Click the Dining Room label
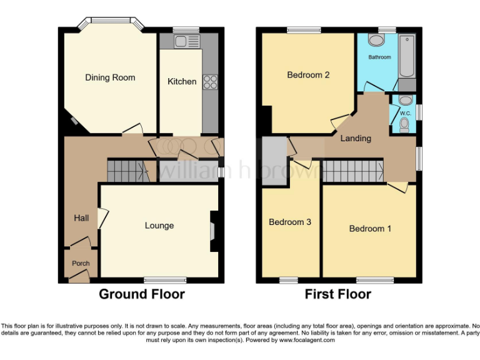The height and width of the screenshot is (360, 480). point(110,77)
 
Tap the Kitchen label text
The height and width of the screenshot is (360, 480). point(182,81)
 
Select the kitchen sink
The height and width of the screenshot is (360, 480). point(184,42)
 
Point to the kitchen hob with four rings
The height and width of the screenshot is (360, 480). point(209,82)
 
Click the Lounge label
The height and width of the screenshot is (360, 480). point(159,226)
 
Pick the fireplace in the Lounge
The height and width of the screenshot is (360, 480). point(213,231)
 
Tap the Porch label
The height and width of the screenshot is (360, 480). point(81,263)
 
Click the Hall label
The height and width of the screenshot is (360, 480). point(81,218)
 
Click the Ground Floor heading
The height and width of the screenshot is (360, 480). point(142,294)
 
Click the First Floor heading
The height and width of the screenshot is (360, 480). point(338,294)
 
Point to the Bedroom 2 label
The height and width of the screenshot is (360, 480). point(308,75)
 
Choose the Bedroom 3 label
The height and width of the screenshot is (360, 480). point(290,222)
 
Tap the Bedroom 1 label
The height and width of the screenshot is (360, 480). point(370,228)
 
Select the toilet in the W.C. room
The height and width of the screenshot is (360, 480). point(404,126)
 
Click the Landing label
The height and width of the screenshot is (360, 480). point(356,138)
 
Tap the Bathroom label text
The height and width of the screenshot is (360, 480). point(379,57)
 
